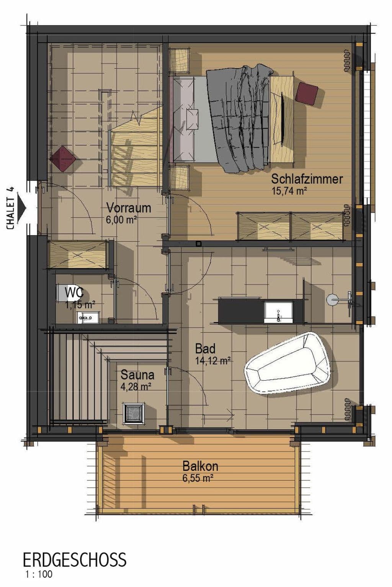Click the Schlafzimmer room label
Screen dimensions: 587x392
click(307, 179)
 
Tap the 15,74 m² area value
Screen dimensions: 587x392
click(289, 191)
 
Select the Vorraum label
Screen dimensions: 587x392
click(128, 208)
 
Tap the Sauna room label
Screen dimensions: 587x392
click(137, 375)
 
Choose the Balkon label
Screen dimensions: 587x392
click(200, 466)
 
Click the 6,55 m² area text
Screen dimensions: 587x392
click(198, 478)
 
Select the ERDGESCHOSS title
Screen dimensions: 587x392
click(74, 560)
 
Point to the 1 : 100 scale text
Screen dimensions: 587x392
click(39, 574)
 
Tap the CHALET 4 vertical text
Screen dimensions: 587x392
click(10, 208)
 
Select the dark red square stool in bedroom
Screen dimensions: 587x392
click(307, 93)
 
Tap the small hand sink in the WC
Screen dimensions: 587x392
click(88, 317)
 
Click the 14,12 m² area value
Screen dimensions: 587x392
click(212, 360)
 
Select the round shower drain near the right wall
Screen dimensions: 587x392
click(332, 299)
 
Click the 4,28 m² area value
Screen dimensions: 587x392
click(136, 386)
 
